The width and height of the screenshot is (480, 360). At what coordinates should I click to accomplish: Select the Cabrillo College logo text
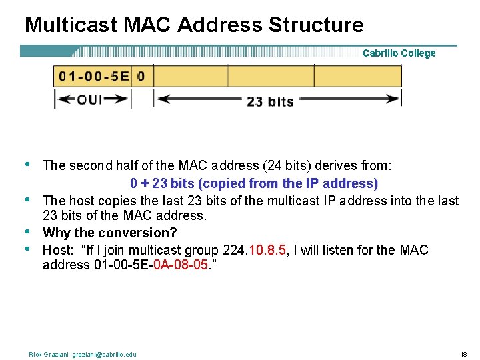[x=399, y=53]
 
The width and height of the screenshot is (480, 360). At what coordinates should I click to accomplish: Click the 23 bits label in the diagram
[x=270, y=101]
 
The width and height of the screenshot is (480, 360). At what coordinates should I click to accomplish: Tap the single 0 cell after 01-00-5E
[x=141, y=76]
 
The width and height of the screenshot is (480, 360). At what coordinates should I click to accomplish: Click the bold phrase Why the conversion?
[x=109, y=233]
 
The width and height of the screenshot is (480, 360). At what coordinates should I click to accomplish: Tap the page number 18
[x=463, y=354]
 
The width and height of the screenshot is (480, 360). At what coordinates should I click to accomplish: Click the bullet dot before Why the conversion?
[x=27, y=231]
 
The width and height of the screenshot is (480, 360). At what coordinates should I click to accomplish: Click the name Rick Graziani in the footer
[x=48, y=354]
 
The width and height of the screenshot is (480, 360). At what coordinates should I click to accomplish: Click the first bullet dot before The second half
[x=27, y=164]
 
